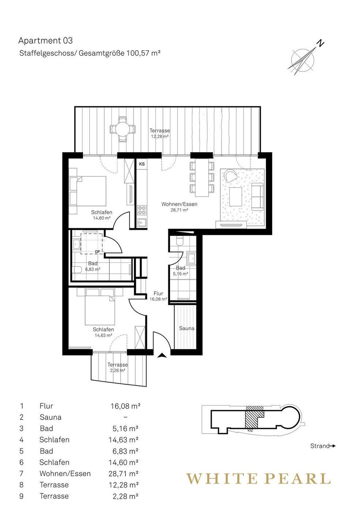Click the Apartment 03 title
(x=46, y=41)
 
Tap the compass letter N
(x=320, y=43)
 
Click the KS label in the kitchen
(x=142, y=164)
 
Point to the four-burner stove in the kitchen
(x=142, y=210)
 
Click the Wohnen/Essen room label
(x=179, y=204)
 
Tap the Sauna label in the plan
(x=186, y=328)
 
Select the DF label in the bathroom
(x=98, y=251)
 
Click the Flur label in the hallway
(x=158, y=293)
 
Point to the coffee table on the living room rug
(x=236, y=197)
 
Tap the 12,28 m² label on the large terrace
(x=160, y=136)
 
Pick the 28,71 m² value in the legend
(x=124, y=473)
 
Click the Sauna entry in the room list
(x=50, y=417)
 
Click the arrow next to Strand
(x=333, y=446)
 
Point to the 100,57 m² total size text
(x=144, y=53)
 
